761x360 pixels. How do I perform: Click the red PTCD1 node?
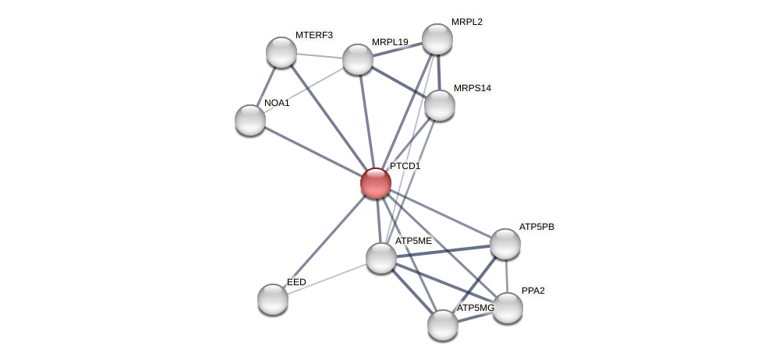click(375, 183)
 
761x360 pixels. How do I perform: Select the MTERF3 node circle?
click(281, 52)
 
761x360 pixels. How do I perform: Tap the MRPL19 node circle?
click(358, 59)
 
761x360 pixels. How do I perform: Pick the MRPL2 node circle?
click(437, 39)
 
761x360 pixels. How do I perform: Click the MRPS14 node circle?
click(439, 105)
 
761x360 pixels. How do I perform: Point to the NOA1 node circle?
click(250, 119)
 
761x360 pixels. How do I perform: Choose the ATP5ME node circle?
click(381, 258)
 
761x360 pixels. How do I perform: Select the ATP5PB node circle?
click(505, 244)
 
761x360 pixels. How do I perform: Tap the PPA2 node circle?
click(508, 308)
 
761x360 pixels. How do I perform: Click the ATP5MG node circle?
click(442, 325)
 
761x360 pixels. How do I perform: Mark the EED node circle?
click(273, 299)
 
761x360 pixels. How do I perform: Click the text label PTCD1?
click(405, 166)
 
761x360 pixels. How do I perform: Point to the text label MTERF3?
click(313, 35)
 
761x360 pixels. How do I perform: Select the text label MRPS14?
click(472, 88)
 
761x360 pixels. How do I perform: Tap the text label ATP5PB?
click(536, 227)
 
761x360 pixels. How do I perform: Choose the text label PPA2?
click(533, 291)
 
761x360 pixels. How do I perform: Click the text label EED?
click(296, 282)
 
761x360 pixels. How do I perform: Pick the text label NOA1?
click(277, 103)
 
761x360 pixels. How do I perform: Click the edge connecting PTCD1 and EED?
click(324, 241)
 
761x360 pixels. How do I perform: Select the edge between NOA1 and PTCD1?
click(312, 151)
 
